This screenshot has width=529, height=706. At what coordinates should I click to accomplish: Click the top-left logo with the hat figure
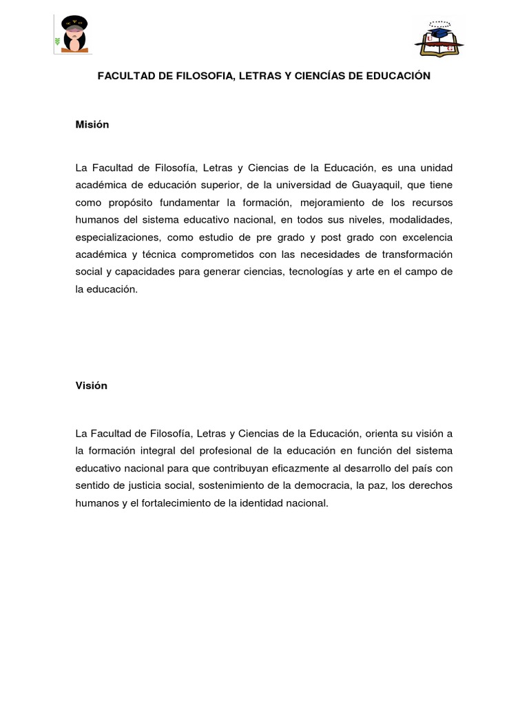[74, 34]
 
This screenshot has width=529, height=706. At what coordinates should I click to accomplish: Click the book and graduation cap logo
[439, 38]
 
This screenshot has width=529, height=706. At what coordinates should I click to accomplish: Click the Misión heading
[92, 125]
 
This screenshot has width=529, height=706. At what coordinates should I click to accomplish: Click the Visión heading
[91, 386]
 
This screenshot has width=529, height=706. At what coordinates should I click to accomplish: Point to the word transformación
[414, 255]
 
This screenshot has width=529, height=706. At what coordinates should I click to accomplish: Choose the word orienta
[381, 434]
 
